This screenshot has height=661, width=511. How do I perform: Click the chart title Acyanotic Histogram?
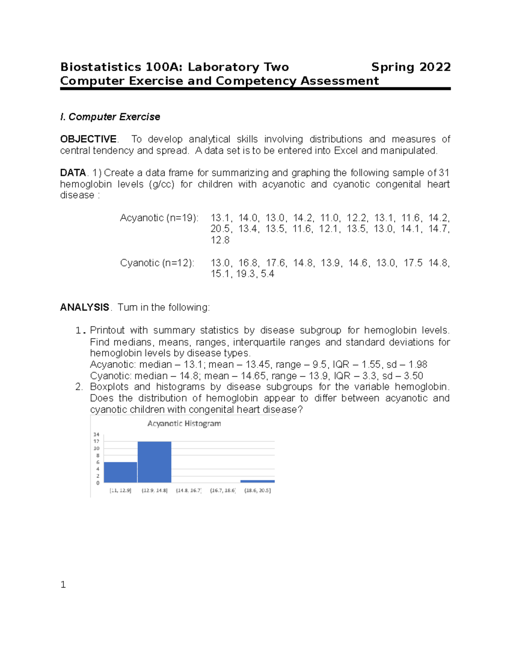[x=184, y=423]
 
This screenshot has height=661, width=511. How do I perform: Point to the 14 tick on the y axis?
[x=97, y=435]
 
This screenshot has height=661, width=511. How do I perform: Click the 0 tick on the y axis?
[x=98, y=483]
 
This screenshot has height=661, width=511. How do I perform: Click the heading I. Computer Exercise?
[x=110, y=117]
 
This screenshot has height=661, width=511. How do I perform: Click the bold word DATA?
[x=73, y=173]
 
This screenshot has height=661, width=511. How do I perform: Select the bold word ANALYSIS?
[x=85, y=307]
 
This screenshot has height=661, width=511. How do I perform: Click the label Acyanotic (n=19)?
[x=159, y=218]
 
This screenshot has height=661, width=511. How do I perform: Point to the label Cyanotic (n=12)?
[x=157, y=263]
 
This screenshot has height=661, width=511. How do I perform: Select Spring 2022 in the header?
[x=411, y=67]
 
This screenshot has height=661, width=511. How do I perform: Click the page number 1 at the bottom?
[x=63, y=585]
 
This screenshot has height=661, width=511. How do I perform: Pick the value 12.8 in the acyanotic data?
[x=220, y=240]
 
